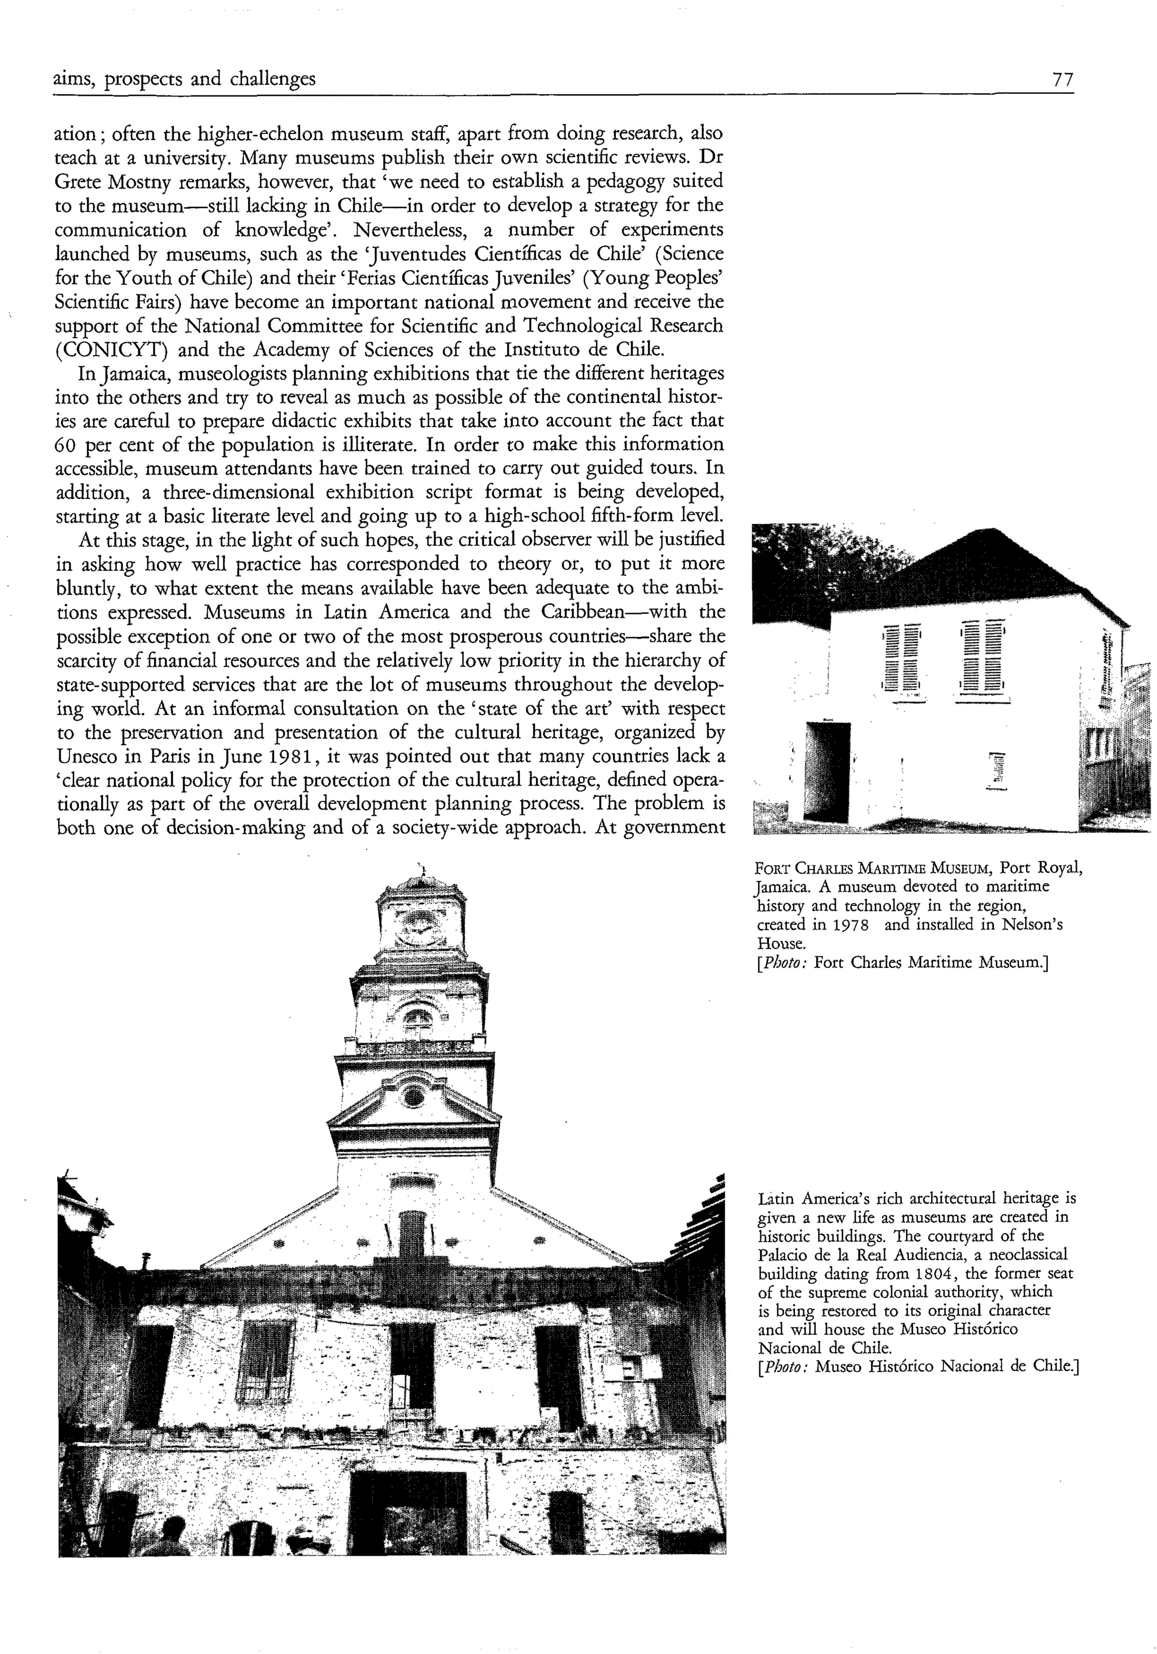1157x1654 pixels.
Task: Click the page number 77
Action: coord(1063,79)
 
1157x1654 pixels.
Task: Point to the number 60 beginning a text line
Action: coord(67,445)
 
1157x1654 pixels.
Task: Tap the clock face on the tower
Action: coord(420,927)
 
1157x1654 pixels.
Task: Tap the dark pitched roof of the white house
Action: coord(973,569)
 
